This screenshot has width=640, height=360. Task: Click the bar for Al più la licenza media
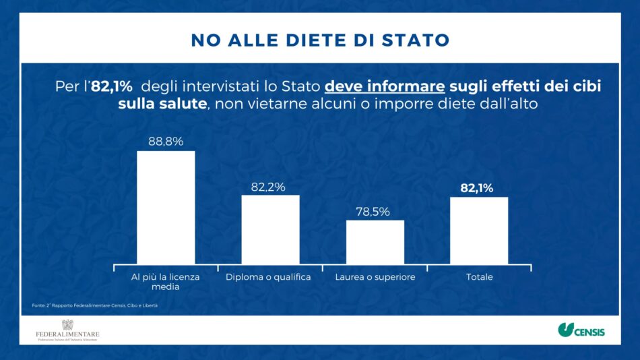(x=166, y=208)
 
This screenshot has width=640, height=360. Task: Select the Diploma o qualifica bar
(x=270, y=230)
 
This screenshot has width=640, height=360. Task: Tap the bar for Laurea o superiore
(x=375, y=243)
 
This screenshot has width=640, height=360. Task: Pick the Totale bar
(x=479, y=231)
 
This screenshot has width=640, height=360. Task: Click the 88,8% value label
(x=166, y=141)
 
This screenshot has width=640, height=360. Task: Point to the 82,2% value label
(x=270, y=186)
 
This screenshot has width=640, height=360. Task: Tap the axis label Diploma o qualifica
(x=268, y=277)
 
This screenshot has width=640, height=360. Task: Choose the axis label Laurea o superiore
(x=375, y=277)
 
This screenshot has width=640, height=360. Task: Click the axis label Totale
(x=479, y=277)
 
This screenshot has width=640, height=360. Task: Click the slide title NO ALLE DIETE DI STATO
(x=320, y=40)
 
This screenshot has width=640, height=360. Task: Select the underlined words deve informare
(x=385, y=87)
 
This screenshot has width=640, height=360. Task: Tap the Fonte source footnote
(x=94, y=305)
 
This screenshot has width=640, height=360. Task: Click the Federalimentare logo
(x=67, y=331)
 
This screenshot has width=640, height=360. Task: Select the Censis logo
(x=581, y=330)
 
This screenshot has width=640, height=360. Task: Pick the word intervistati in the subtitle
(x=219, y=87)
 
